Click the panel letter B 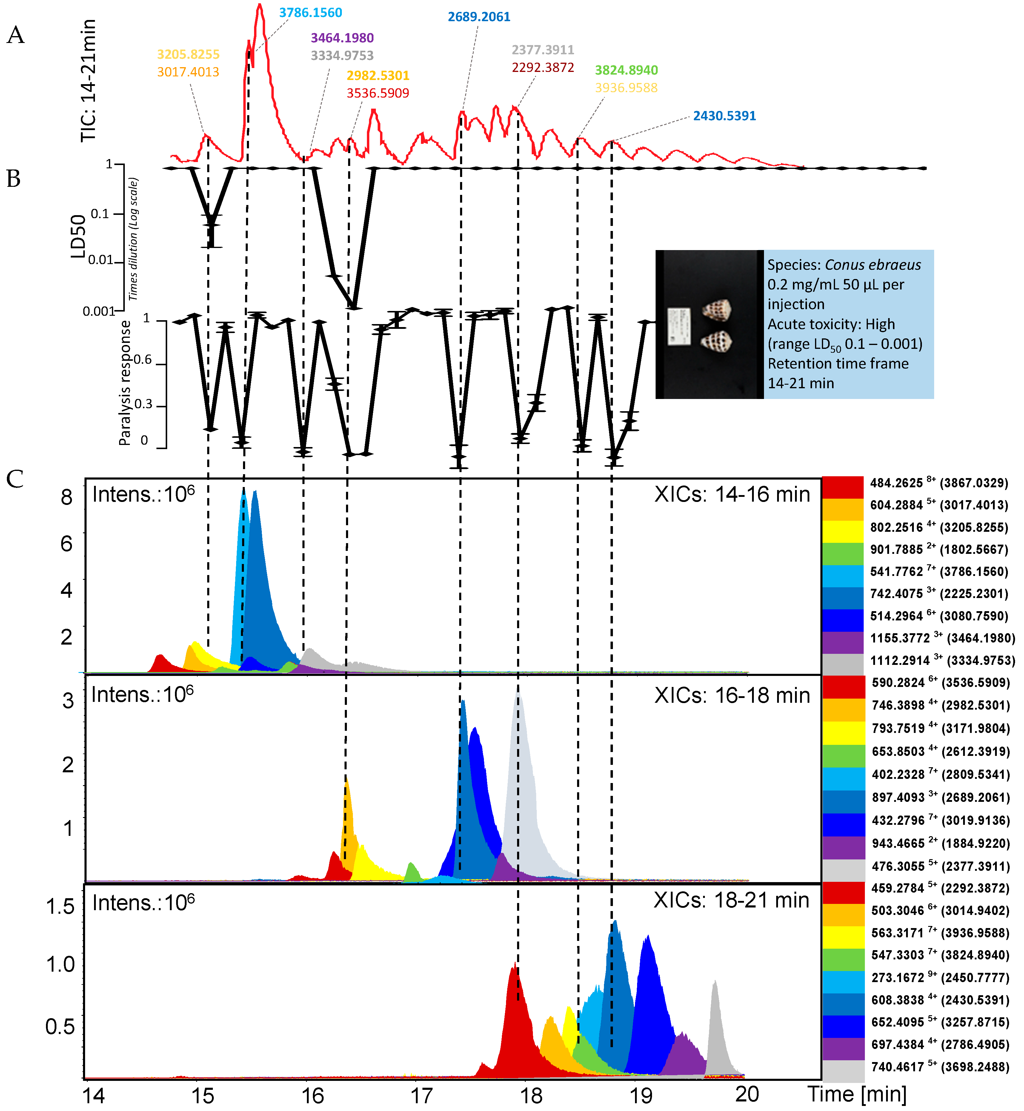coord(14,179)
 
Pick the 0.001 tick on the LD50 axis coord(98,311)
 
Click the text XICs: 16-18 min coord(731,696)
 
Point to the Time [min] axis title coord(857,1094)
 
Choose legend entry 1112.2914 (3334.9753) coord(942,660)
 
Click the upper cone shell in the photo coord(717,309)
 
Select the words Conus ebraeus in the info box coord(873,265)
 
